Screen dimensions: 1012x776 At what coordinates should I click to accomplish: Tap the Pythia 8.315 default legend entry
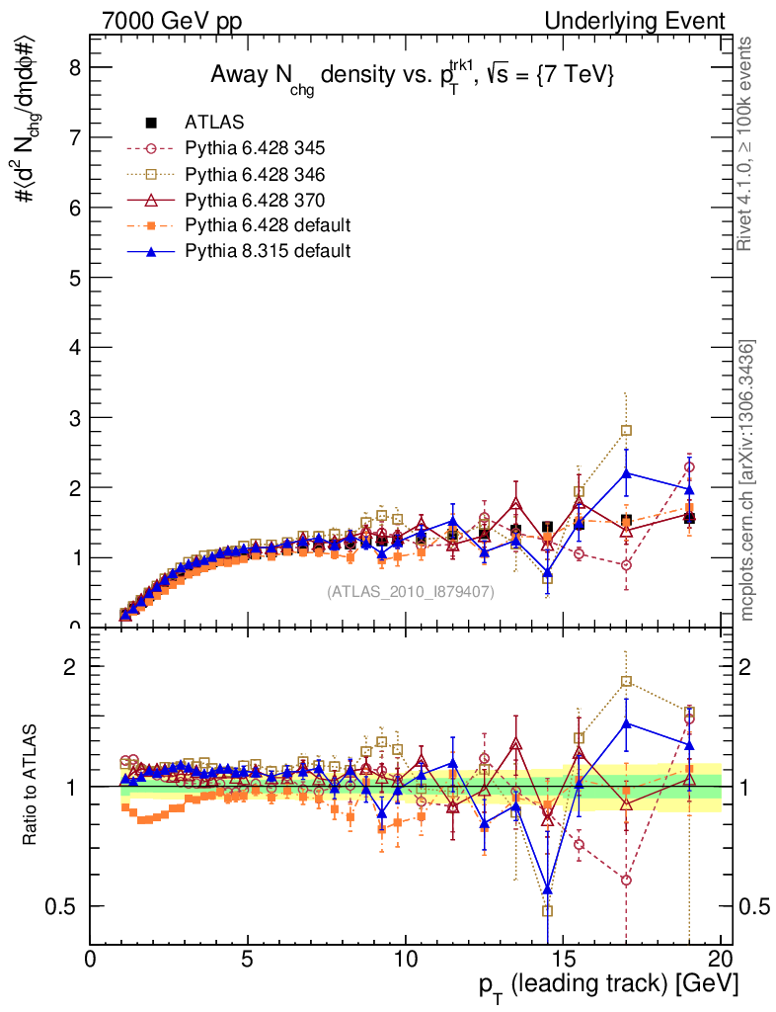click(x=267, y=251)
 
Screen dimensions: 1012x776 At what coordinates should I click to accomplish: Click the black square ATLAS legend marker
click(x=152, y=123)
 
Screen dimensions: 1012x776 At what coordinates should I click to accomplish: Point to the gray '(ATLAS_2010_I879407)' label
click(x=411, y=592)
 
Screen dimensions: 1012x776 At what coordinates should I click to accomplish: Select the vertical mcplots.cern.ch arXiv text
click(x=748, y=480)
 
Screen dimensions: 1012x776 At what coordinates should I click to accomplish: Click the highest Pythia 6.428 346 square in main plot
click(x=626, y=430)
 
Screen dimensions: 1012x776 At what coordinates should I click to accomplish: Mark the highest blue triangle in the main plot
click(x=626, y=473)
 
